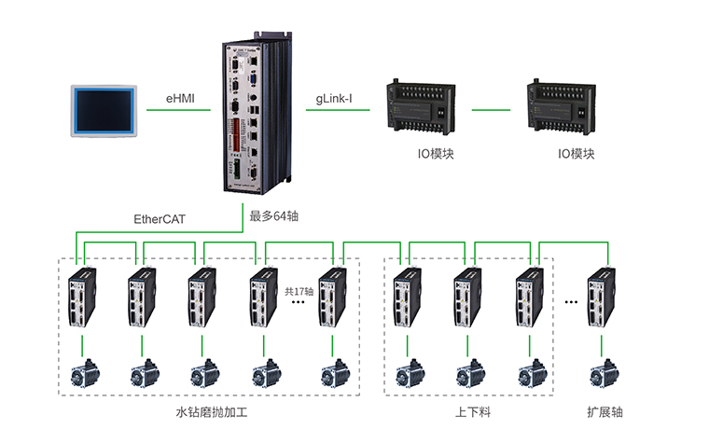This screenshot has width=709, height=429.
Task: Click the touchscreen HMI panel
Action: point(104,110)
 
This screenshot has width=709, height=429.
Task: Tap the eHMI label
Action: point(180,98)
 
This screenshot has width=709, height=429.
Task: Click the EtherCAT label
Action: point(160,219)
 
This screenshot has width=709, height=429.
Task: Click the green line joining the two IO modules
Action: point(493,110)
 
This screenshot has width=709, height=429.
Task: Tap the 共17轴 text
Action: point(299,291)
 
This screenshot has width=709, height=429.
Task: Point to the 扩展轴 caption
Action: point(605,411)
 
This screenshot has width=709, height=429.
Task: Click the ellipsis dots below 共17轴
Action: point(299,304)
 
